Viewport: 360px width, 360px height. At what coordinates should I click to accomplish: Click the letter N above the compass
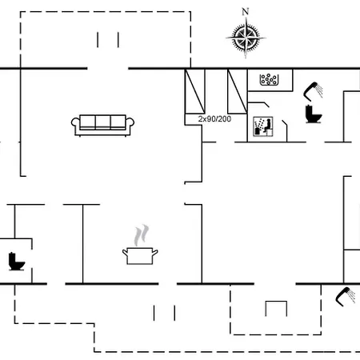pyautogui.click(x=246, y=11)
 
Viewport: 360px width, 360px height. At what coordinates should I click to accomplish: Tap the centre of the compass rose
pyautogui.click(x=246, y=38)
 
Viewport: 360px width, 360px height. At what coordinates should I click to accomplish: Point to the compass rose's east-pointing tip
pyautogui.click(x=265, y=38)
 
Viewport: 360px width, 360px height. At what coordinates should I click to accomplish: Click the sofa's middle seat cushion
pyautogui.click(x=102, y=122)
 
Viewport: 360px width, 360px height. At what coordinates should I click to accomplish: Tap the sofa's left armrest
pyautogui.click(x=75, y=122)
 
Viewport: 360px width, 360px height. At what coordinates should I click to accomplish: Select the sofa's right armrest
pyautogui.click(x=130, y=122)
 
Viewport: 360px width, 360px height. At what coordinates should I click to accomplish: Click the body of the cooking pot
pyautogui.click(x=140, y=256)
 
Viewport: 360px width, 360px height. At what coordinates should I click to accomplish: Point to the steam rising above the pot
pyautogui.click(x=142, y=234)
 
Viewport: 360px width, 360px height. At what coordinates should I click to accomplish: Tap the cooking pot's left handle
pyautogui.click(x=125, y=252)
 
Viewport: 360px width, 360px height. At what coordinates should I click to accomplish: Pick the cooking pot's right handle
pyautogui.click(x=155, y=252)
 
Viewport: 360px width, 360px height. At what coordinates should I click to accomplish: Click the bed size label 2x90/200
pyautogui.click(x=214, y=119)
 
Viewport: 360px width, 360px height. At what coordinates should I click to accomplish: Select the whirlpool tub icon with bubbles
pyautogui.click(x=269, y=79)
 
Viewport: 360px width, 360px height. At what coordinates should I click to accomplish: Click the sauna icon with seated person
pyautogui.click(x=263, y=126)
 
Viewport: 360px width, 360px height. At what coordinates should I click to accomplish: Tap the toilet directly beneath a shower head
pyautogui.click(x=313, y=114)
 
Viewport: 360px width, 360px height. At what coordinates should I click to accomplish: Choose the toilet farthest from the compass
pyautogui.click(x=17, y=262)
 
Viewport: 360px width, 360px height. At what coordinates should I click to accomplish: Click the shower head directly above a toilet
pyautogui.click(x=313, y=91)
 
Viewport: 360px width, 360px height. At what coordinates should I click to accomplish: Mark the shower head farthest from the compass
pyautogui.click(x=345, y=297)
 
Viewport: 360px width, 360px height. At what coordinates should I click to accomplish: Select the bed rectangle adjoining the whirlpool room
pyautogui.click(x=237, y=91)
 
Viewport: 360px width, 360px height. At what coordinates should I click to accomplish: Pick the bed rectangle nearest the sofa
pyautogui.click(x=195, y=91)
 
